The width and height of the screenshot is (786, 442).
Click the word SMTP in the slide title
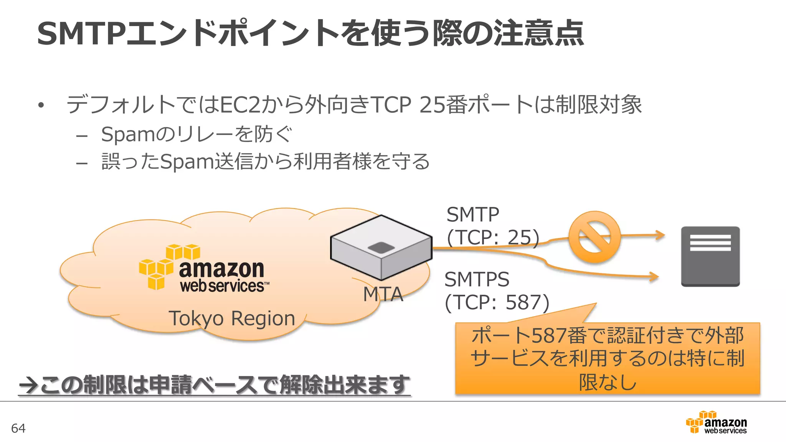pos(81,34)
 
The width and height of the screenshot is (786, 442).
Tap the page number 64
pos(18,428)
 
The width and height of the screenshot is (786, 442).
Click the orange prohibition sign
pos(594,237)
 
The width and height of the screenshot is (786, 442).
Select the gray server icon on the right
pos(710,256)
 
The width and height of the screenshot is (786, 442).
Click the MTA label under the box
pos(383,295)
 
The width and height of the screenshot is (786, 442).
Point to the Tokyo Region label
pos(231,318)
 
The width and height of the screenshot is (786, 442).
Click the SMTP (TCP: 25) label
pos(492,226)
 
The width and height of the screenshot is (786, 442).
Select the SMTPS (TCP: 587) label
pos(497,291)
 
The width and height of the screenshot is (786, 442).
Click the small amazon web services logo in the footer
pos(716,422)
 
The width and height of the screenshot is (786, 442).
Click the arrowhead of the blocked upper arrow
pos(660,234)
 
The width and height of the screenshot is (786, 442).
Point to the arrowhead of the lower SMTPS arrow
pos(654,276)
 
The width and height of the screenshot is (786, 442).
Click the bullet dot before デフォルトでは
pos(41,105)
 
